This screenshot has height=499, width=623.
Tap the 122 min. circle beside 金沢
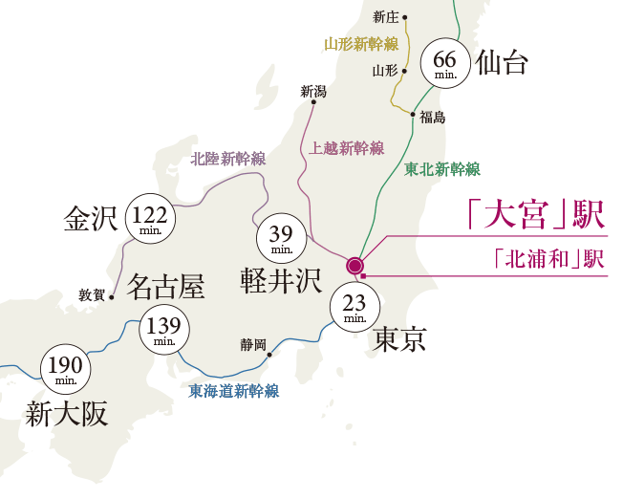coord(149,218)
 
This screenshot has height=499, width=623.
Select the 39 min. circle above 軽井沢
coord(281,237)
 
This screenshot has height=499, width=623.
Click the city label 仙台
coord(502,64)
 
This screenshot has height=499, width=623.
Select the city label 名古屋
coord(165,285)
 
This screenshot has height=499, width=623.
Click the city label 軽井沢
coord(281,280)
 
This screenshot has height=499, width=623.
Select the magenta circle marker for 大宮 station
coord(355,265)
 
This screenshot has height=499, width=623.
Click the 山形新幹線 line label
coord(360,44)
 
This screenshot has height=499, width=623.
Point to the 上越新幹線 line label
coord(347,148)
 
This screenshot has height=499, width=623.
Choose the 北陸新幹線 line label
coord(228,159)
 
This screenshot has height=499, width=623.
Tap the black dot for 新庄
coord(405,17)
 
